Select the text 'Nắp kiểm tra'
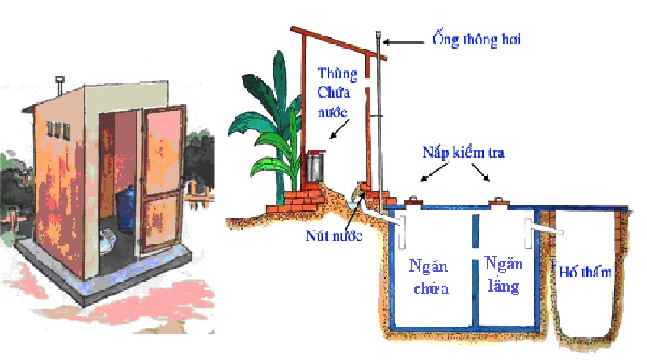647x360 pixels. tap(463, 153)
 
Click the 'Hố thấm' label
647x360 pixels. tap(586, 273)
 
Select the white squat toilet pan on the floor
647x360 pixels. tap(104, 238)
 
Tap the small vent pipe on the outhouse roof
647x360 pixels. tap(59, 83)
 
